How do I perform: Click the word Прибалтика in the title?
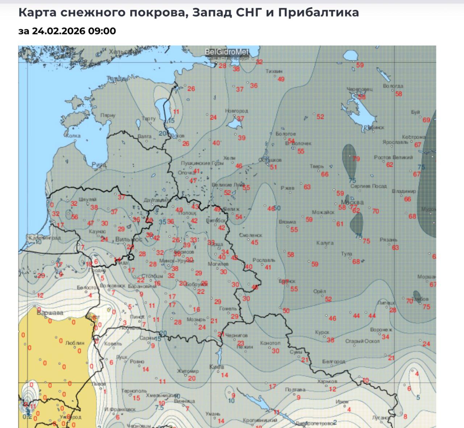pyautogui.click(x=319, y=13)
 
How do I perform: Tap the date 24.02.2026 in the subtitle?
pyautogui.click(x=58, y=31)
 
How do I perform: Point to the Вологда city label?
pyautogui.click(x=393, y=86)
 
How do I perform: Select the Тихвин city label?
pyautogui.click(x=274, y=71)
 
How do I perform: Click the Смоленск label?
pyautogui.click(x=250, y=235)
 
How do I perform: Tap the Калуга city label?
pyautogui.click(x=324, y=243)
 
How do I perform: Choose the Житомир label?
pyautogui.click(x=188, y=371)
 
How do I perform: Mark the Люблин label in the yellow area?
pyautogui.click(x=75, y=343)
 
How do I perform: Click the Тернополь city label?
pyautogui.click(x=134, y=391)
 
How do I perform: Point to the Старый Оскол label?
pyautogui.click(x=362, y=341)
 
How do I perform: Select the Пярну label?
pyautogui.click(x=108, y=116)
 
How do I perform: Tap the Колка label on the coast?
pyautogui.click(x=73, y=136)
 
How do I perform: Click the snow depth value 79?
pyautogui.click(x=356, y=159)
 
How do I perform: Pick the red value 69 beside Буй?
pyautogui.click(x=426, y=120)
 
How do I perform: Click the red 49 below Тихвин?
pyautogui.click(x=281, y=79)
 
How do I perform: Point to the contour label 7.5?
pyautogui.click(x=159, y=407)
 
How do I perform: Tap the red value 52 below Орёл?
pyautogui.click(x=328, y=299)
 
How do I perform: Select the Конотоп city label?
pyautogui.click(x=270, y=343)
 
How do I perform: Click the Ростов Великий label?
pyautogui.click(x=393, y=158)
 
